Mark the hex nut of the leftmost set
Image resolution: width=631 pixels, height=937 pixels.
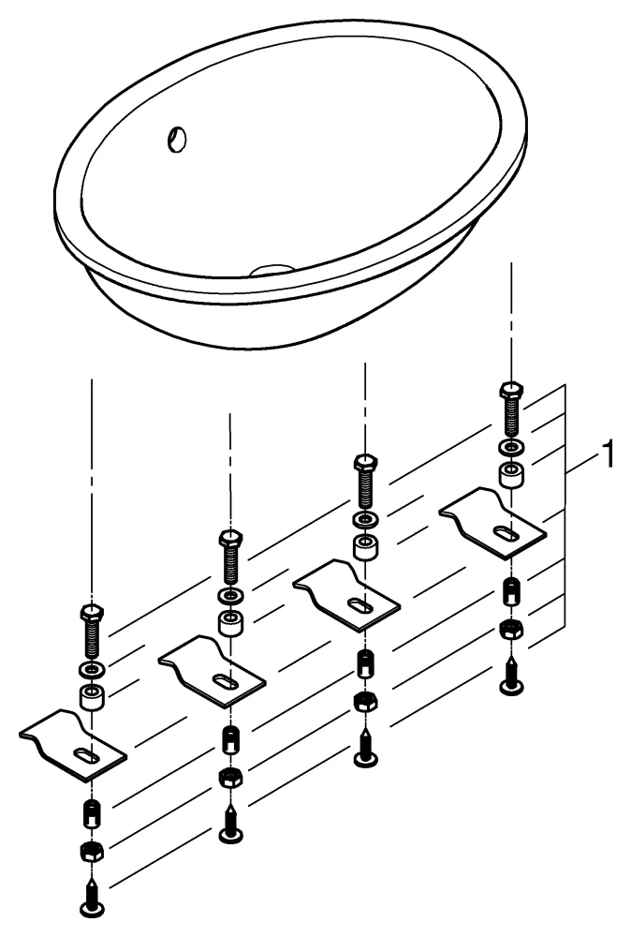click(92, 850)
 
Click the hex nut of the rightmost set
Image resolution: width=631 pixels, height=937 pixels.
click(510, 627)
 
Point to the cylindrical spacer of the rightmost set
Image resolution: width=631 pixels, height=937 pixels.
click(510, 474)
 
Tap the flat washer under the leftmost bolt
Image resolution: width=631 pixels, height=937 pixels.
click(92, 669)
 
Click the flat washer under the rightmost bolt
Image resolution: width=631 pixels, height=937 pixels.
click(510, 447)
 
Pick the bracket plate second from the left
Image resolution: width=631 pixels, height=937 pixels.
click(213, 668)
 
